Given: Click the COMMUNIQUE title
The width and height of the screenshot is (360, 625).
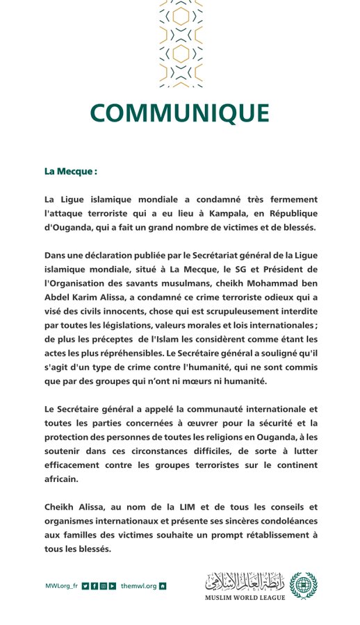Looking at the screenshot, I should (179, 113).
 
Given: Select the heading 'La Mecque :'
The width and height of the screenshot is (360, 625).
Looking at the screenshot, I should (70, 171).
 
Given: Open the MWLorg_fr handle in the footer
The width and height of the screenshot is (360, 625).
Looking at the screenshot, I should (60, 586).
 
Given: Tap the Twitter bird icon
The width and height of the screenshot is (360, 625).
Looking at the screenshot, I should (85, 586).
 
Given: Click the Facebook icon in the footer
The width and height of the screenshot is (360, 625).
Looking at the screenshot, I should (95, 586).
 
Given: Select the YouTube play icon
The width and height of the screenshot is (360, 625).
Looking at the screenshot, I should (113, 586).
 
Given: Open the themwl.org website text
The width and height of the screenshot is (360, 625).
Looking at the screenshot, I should (138, 586).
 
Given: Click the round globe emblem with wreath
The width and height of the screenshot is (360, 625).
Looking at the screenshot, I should (302, 586).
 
